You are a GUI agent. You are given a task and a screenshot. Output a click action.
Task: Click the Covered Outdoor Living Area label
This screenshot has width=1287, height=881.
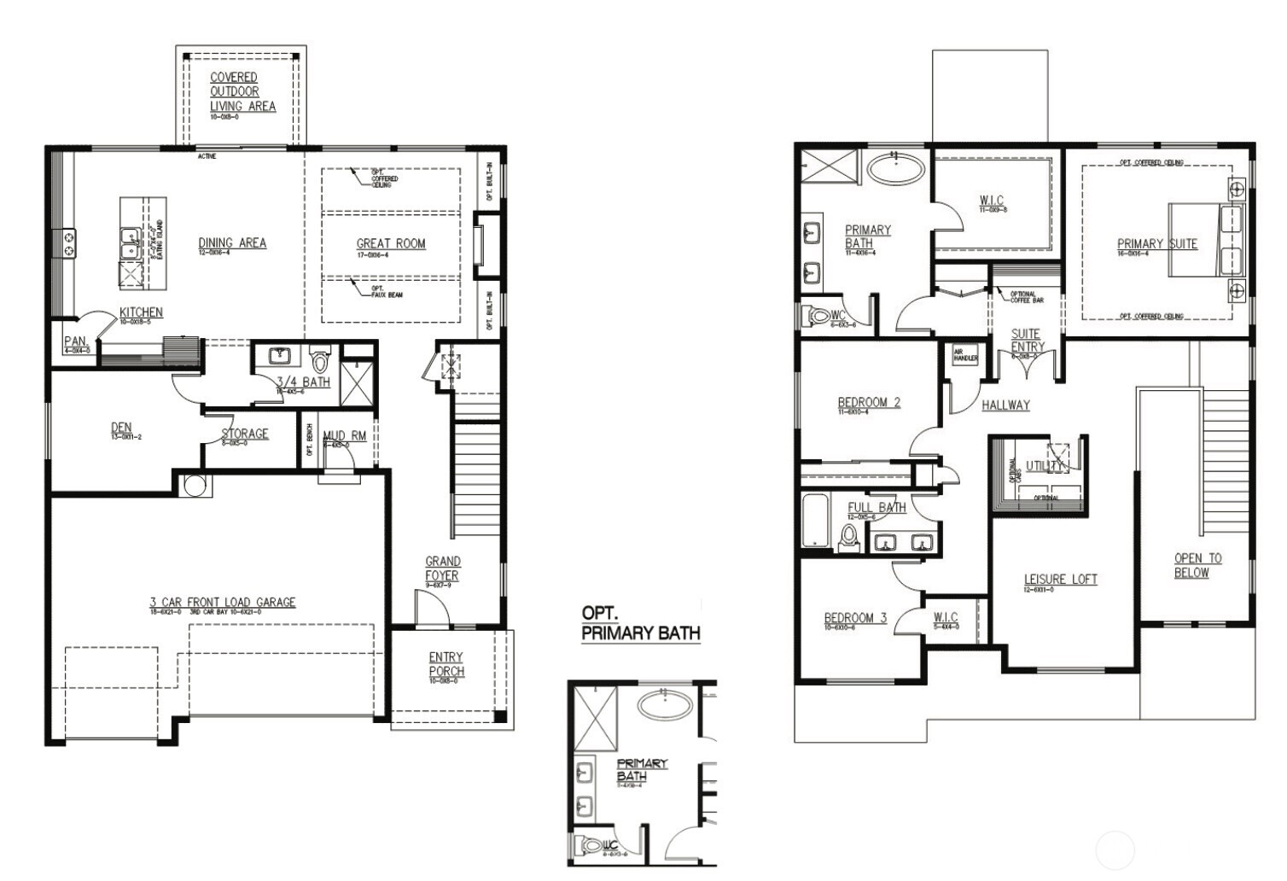(x=242, y=91)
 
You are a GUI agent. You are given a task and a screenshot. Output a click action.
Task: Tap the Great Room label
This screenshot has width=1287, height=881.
(x=391, y=243)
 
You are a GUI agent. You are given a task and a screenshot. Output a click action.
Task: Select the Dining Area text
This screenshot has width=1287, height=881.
(x=232, y=243)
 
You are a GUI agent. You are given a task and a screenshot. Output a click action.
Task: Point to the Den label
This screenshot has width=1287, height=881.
(x=121, y=428)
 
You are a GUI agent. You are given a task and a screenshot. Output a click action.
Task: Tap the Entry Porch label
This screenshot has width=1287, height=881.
(x=446, y=664)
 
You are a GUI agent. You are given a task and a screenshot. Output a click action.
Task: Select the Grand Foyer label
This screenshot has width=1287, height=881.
(x=442, y=569)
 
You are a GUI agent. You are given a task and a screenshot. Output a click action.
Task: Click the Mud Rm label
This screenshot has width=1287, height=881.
(x=344, y=436)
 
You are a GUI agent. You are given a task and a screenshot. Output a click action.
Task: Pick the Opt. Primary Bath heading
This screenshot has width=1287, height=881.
(x=640, y=624)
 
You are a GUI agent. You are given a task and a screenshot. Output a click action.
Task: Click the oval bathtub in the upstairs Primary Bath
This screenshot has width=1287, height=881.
(x=895, y=168)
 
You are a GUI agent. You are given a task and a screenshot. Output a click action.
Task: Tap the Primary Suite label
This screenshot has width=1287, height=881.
(x=1156, y=244)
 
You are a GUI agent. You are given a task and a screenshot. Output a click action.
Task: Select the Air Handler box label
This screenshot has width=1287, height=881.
(x=965, y=354)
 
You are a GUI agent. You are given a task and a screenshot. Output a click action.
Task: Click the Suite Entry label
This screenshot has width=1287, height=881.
(x=1027, y=340)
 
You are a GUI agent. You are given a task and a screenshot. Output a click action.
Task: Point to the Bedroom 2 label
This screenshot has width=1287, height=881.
(x=869, y=402)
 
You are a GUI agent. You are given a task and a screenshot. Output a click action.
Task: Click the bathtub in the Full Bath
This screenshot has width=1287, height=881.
(x=816, y=521)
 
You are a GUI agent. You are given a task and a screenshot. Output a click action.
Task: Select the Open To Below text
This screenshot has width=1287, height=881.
(x=1197, y=565)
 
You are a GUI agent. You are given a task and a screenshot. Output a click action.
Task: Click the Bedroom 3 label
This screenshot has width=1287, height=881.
(x=855, y=618)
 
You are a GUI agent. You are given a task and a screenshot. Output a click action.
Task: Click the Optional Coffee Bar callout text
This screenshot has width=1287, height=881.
(x=1027, y=297)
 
